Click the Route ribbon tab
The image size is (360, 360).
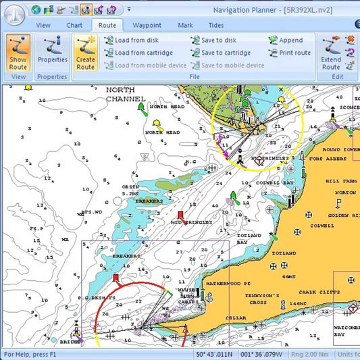tap(107, 25)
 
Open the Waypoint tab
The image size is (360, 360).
tap(147, 25)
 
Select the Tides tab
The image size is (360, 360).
tap(216, 25)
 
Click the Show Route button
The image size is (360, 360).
tap(18, 53)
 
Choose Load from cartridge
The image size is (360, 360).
tap(138, 53)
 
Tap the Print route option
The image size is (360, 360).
tap(290, 53)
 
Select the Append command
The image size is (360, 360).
tap(286, 41)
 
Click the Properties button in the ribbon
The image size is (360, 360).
tap(52, 53)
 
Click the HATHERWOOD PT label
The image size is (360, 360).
tap(228, 283)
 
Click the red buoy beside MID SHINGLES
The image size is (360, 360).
tap(180, 215)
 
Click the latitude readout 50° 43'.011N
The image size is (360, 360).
tap(214, 355)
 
